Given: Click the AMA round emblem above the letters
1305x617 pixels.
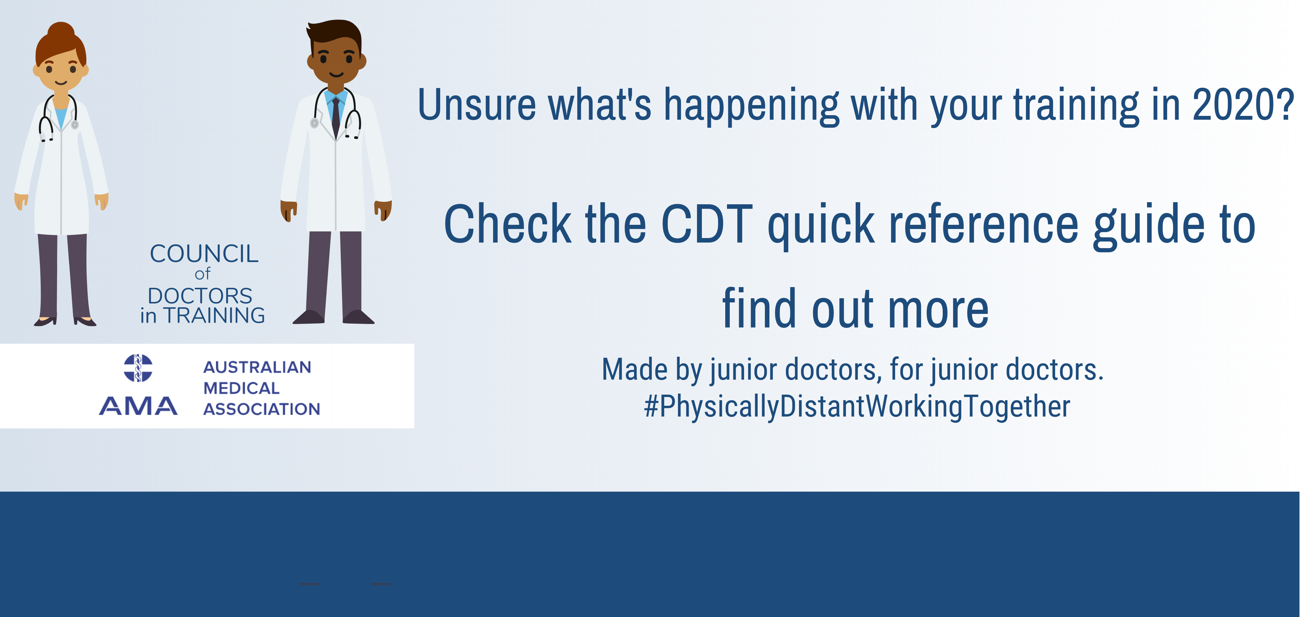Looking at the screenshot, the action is (x=138, y=368).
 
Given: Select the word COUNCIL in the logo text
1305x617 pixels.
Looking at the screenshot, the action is (x=204, y=254).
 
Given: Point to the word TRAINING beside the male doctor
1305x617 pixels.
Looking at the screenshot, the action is (x=214, y=316).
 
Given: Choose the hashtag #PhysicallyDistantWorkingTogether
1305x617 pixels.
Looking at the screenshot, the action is (x=857, y=406).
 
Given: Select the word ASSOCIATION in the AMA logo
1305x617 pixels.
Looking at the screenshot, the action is (x=261, y=409).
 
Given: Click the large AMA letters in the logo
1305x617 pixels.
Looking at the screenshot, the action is (x=138, y=406).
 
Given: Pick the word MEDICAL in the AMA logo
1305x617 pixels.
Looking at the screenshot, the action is (x=241, y=388).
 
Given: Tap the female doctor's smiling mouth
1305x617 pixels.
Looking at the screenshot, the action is (x=61, y=82).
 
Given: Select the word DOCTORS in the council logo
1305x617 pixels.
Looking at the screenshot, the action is (x=200, y=296).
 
